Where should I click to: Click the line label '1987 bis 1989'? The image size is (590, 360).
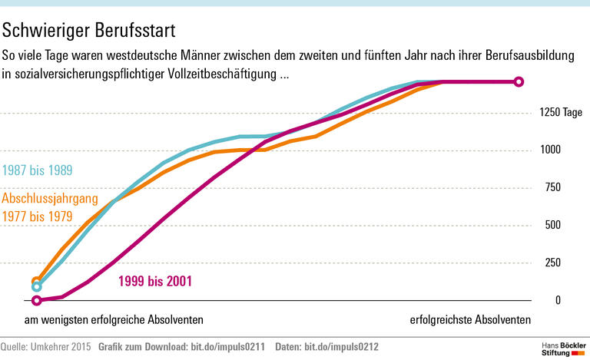click(38, 170)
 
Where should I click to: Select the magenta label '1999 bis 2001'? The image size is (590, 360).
click(154, 281)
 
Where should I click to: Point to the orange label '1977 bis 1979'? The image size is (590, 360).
click(38, 216)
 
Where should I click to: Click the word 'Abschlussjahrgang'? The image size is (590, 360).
click(51, 199)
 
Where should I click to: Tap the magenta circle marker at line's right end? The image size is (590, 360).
click(519, 82)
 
